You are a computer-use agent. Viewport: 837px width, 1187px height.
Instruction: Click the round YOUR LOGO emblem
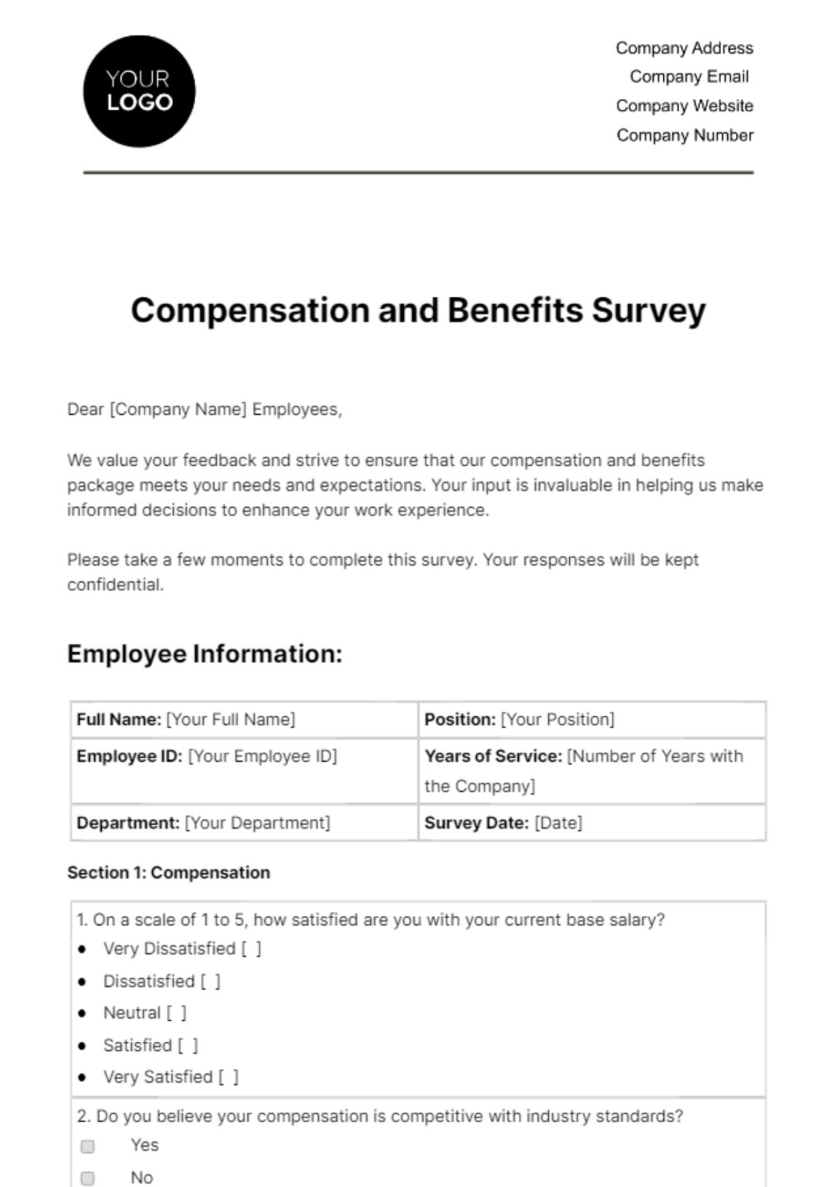139,91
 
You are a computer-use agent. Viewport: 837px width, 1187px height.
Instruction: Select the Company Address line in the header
684,48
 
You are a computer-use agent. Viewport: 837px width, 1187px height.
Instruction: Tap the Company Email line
689,77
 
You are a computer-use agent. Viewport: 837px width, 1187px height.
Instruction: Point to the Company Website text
684,106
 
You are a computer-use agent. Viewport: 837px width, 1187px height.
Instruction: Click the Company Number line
684,135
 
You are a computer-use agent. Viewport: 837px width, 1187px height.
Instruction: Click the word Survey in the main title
649,311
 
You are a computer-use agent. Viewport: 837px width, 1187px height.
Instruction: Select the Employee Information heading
205,654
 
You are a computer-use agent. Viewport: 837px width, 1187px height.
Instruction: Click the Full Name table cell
243,719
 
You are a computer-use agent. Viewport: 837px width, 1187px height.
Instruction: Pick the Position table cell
591,719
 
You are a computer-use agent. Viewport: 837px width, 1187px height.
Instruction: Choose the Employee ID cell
243,757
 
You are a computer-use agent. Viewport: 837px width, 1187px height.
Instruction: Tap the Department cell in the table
243,823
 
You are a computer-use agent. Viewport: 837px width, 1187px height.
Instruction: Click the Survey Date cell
591,823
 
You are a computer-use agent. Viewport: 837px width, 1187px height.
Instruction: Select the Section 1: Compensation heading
168,872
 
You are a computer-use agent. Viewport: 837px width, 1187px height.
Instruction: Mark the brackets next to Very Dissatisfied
251,949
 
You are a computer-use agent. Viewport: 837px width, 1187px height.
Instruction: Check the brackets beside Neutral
177,1013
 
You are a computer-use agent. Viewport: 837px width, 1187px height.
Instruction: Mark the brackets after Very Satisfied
229,1077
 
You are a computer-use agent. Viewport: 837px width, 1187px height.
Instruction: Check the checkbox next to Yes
88,1146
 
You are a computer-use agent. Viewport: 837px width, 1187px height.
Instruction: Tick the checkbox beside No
88,1178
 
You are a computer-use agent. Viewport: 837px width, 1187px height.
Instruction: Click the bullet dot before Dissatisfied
83,981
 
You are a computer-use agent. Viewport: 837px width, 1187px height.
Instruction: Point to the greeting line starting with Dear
205,410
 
